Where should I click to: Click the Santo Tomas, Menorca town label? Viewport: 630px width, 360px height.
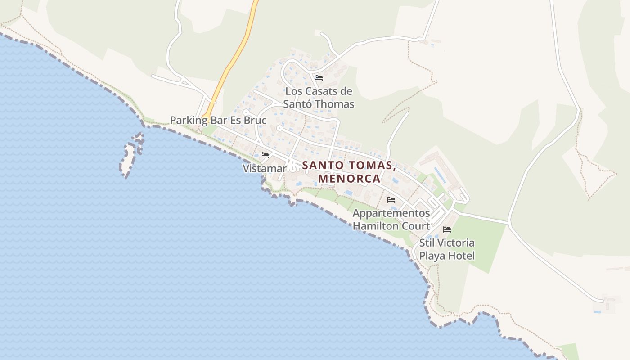click(349, 172)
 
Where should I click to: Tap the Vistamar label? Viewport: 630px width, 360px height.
click(265, 169)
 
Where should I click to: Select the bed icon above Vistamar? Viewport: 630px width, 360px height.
click(265, 155)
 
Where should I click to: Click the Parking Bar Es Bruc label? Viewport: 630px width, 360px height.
click(218, 121)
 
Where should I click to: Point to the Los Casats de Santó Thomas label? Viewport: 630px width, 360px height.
click(319, 98)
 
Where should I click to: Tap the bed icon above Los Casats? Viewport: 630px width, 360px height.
click(319, 77)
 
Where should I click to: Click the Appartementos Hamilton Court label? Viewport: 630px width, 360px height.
click(391, 219)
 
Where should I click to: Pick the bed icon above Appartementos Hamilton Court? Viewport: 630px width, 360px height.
click(391, 199)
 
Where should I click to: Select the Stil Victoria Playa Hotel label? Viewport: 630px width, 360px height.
click(447, 249)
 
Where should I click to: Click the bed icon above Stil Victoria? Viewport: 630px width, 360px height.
click(447, 229)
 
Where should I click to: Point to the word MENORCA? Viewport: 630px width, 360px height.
click(349, 179)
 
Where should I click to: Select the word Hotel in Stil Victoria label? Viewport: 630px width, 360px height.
click(459, 256)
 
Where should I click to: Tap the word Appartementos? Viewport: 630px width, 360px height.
click(391, 213)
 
